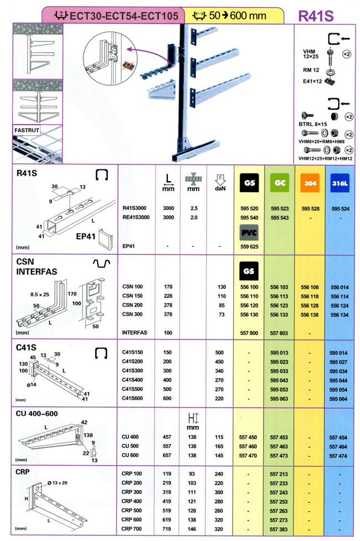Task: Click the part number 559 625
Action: (x=248, y=246)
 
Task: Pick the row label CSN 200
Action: (x=132, y=305)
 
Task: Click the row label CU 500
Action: (x=131, y=446)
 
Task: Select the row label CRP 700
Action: (x=132, y=529)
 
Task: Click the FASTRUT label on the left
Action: (x=25, y=132)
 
